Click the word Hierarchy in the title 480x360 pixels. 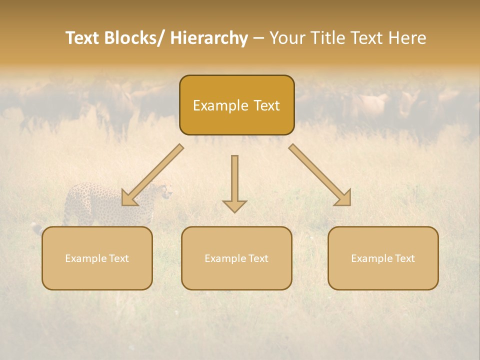click(x=209, y=38)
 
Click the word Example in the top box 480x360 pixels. click(x=220, y=105)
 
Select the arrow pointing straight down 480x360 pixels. click(x=234, y=182)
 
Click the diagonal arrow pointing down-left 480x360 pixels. click(x=152, y=175)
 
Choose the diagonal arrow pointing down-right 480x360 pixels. click(x=320, y=175)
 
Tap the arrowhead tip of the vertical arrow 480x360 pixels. click(x=234, y=212)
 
